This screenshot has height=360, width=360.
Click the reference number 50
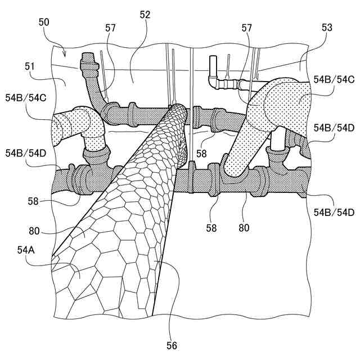(44, 22)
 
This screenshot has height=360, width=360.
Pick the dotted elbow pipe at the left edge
(70, 127)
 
